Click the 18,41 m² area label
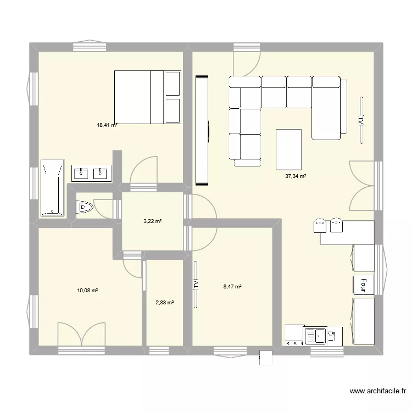pyautogui.click(x=107, y=125)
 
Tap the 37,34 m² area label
pyautogui.click(x=296, y=176)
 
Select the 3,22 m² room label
pyautogui.click(x=152, y=221)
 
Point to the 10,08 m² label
pyautogui.click(x=87, y=290)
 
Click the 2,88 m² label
pyautogui.click(x=164, y=302)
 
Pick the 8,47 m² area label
pyautogui.click(x=232, y=286)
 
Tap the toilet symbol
pyautogui.click(x=85, y=208)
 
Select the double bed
pyautogui.click(x=147, y=97)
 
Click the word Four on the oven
pyautogui.click(x=363, y=285)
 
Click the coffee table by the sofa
pyautogui.click(x=288, y=149)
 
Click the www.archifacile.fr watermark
pyautogui.click(x=377, y=392)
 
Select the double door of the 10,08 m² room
pyautogui.click(x=81, y=333)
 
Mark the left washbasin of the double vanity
pyautogui.click(x=82, y=174)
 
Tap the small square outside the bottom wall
pyautogui.click(x=266, y=357)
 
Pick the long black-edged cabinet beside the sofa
pyautogui.click(x=202, y=130)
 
